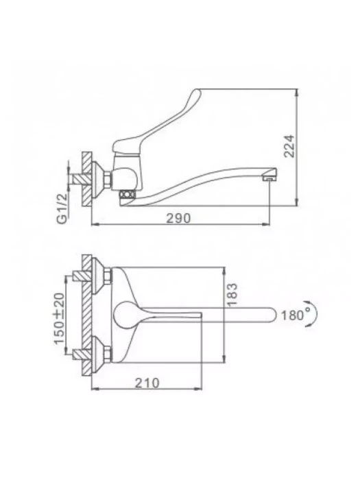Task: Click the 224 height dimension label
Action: pyautogui.click(x=289, y=146)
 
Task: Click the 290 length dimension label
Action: pyautogui.click(x=178, y=218)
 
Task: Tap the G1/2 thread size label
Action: pyautogui.click(x=62, y=209)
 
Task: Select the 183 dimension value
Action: pyautogui.click(x=232, y=294)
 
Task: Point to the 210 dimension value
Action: pyautogui.click(x=147, y=383)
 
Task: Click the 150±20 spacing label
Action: pyautogui.click(x=60, y=319)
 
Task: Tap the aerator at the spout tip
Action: pyautogui.click(x=269, y=177)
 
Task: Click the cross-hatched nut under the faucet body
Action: pyautogui.click(x=128, y=194)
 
